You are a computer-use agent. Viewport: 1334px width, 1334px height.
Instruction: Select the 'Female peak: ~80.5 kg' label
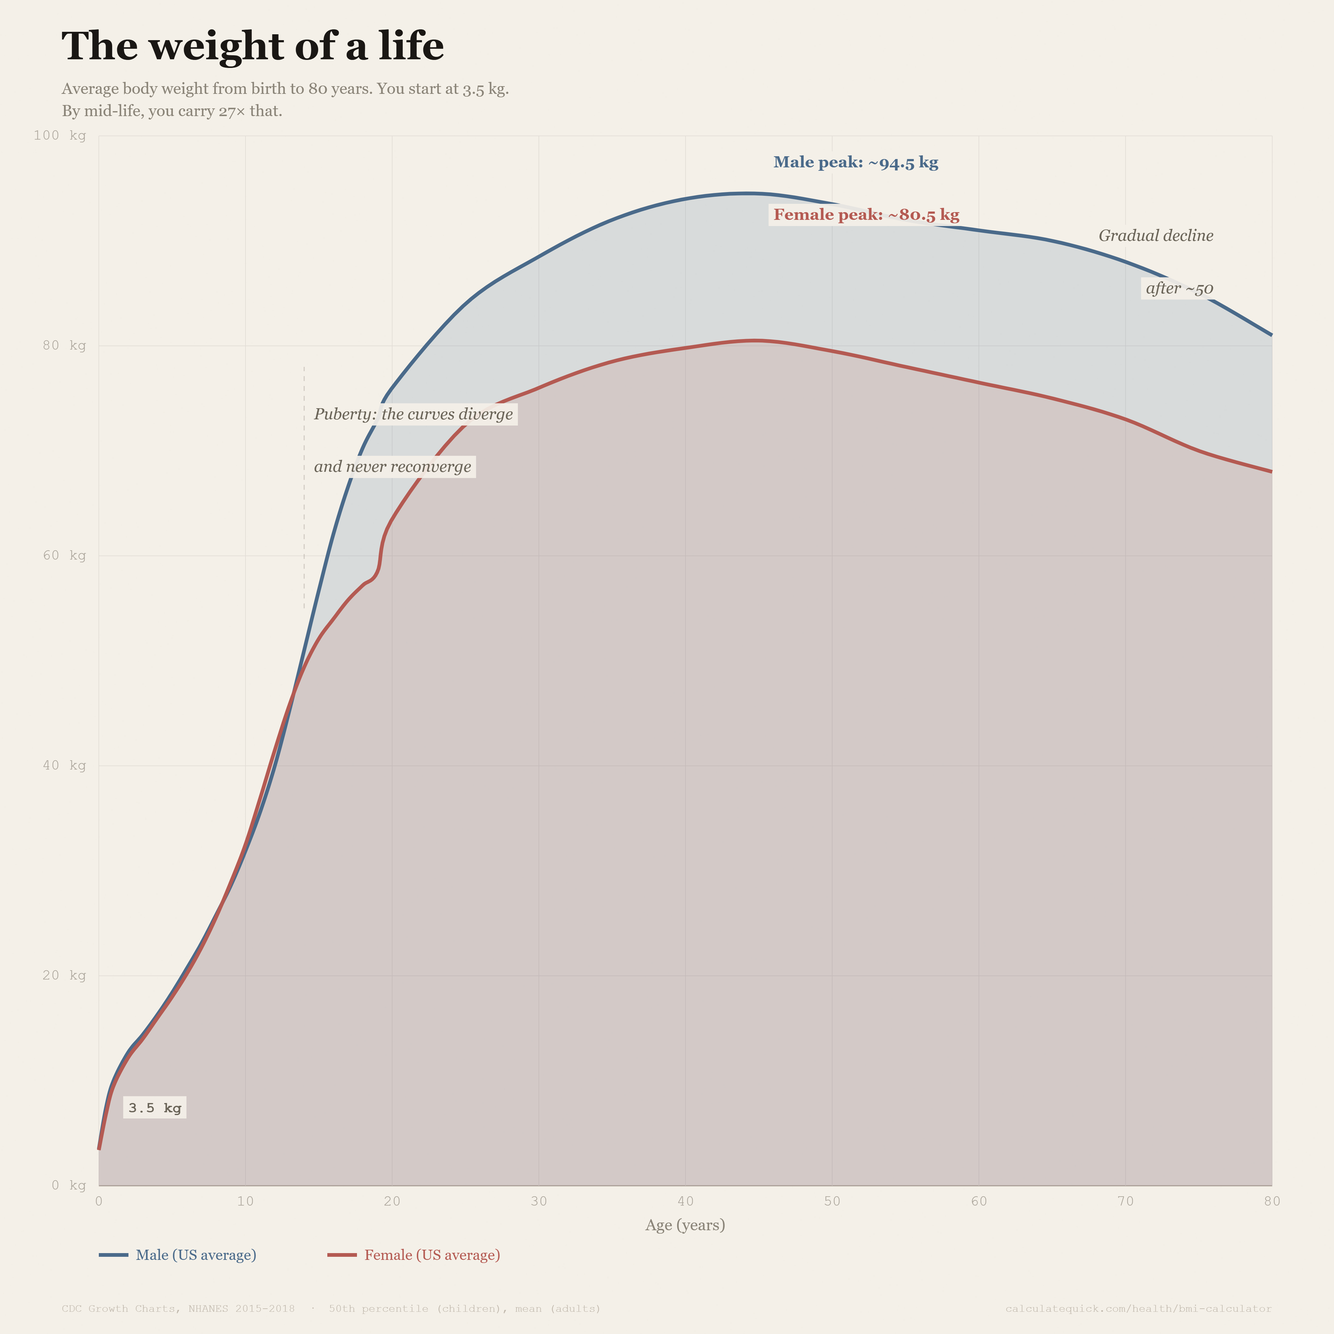[866, 215]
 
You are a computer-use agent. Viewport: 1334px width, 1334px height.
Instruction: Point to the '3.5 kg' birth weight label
[155, 1108]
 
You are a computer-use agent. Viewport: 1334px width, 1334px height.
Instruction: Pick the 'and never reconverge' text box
[392, 467]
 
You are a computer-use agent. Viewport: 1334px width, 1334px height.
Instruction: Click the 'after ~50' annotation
[1179, 289]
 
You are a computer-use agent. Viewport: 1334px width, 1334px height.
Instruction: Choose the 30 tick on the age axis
[539, 1202]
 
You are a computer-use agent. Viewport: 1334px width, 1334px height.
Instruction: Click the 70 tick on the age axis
[1126, 1202]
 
